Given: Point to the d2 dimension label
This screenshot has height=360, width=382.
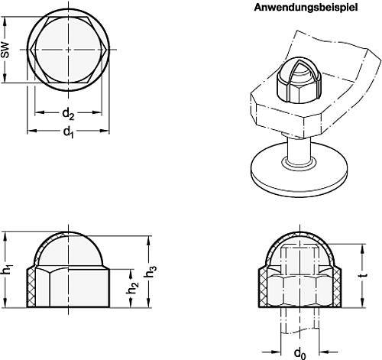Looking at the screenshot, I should pyautogui.click(x=67, y=115).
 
